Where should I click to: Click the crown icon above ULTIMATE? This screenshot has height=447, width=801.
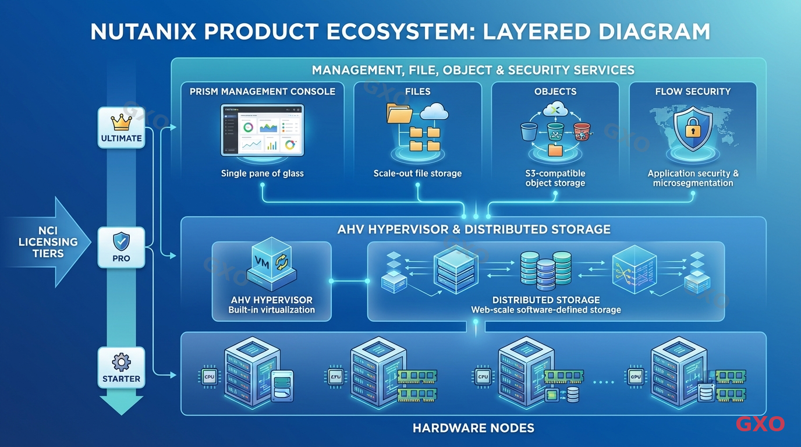121,122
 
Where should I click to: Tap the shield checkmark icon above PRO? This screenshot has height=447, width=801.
121,241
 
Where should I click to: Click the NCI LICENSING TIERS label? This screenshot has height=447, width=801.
40,242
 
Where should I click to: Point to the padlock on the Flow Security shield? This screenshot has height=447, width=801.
692,129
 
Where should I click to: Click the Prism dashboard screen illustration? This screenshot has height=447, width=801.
262,130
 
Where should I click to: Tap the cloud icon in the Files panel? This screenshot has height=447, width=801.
434,112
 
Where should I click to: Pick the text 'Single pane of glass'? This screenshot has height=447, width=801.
262,173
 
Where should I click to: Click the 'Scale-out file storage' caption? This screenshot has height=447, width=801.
417,173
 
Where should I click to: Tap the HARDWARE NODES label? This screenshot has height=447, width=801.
473,428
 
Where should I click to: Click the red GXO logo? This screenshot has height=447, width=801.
760,424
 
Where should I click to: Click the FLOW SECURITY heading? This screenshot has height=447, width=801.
692,91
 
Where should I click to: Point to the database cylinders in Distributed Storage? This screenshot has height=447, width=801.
545,270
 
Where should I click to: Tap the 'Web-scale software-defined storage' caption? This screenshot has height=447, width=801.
545,310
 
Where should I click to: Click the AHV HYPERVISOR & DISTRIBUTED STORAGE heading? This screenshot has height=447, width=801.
473,229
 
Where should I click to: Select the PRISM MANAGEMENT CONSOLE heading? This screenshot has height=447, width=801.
262,91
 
